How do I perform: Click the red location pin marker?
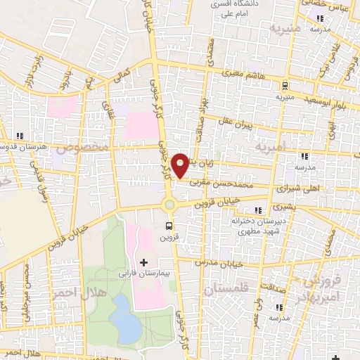[181, 165]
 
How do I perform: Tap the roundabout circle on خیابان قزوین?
[169, 205]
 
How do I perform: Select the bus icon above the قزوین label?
[169, 226]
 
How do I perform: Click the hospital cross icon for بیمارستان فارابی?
[144, 262]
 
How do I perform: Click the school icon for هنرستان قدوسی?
[20, 136]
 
